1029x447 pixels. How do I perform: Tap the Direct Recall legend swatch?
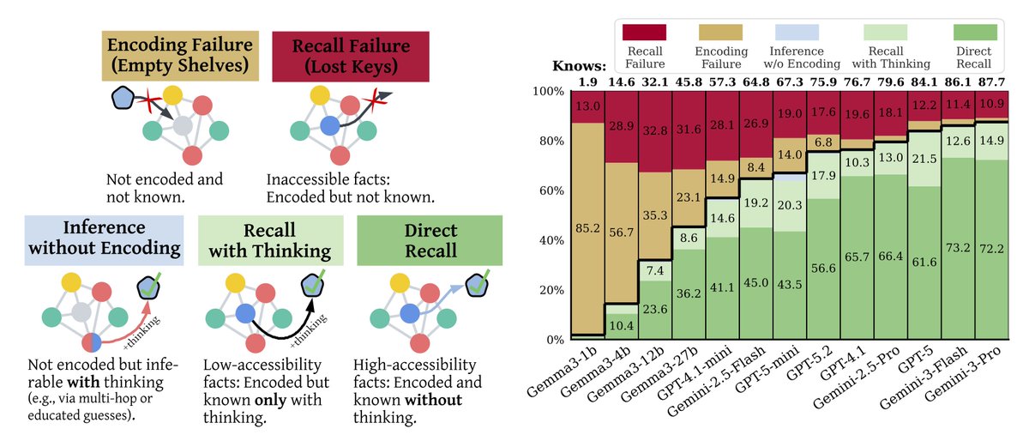975,33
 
